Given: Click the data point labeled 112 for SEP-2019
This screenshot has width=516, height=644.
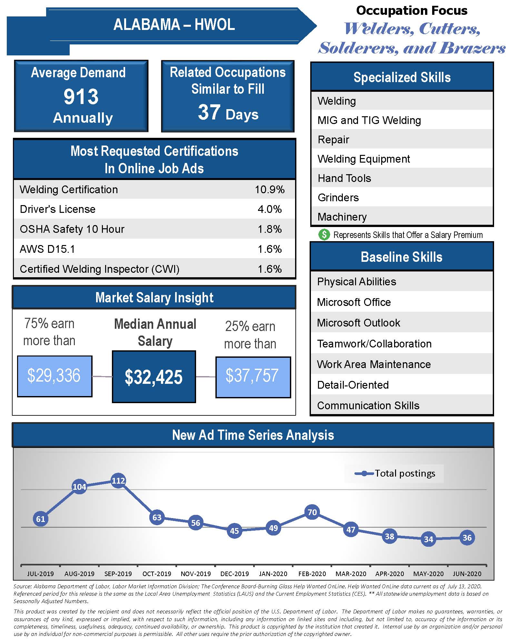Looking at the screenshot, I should point(118,481).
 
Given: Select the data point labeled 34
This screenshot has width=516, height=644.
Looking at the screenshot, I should point(428,539).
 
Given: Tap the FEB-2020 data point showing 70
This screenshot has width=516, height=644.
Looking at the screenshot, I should point(312,512).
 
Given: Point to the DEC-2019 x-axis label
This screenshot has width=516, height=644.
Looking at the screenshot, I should point(234,574).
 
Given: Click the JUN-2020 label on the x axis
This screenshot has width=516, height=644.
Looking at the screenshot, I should point(467,574).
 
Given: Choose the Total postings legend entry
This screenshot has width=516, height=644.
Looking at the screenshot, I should point(395,473).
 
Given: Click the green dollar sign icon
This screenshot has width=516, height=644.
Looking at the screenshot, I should point(324,235).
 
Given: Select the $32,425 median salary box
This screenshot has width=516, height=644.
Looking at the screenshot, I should point(154,377).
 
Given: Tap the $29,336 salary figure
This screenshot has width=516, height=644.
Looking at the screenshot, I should point(54,375).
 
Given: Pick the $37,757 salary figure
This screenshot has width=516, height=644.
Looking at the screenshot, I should point(252,376).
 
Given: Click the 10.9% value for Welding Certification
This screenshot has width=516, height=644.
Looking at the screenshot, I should point(270,189).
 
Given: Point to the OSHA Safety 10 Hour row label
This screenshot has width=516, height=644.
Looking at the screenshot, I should point(72,229).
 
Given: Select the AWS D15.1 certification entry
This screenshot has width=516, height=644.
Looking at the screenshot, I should point(47,249).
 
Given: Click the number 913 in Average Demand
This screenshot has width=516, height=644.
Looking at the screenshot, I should point(81,96).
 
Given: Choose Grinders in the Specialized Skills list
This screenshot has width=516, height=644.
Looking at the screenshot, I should point(338,197).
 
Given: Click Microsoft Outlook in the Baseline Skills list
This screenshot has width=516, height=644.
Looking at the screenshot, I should point(358,323).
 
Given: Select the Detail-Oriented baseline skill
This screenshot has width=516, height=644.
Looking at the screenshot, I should point(353,385).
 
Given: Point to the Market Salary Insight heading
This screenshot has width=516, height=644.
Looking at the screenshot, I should point(154,298).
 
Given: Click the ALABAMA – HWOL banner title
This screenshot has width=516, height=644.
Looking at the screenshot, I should point(174,25).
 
